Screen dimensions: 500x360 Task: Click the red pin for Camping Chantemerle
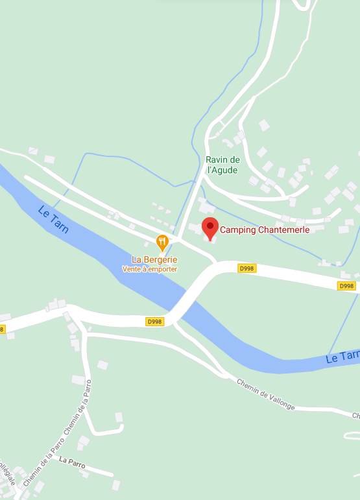210,228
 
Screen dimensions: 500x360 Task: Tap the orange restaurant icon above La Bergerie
162,243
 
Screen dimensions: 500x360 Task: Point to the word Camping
236,230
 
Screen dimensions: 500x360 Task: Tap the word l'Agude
222,171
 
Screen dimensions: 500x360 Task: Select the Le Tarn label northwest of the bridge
53,220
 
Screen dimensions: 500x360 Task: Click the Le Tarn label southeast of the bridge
342,357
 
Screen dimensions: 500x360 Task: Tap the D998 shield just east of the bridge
246,268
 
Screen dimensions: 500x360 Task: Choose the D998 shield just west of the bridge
155,321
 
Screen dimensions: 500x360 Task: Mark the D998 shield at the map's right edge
346,286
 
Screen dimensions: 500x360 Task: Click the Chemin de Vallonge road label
265,394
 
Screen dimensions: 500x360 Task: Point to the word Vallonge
278,400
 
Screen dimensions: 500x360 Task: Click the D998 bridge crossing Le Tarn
188,299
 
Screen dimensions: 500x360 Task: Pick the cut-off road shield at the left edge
1,329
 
